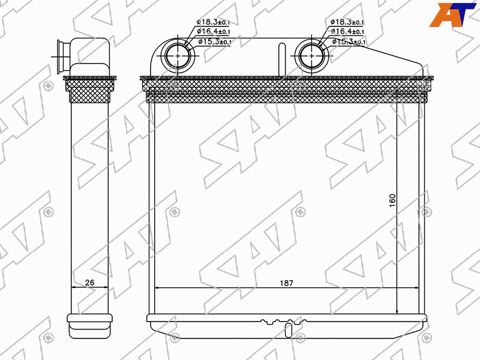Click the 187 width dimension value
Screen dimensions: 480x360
click(286, 283)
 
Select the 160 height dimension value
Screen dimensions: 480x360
click(392, 200)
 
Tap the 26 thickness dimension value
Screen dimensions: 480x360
click(89, 282)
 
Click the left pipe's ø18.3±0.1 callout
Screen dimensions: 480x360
click(213, 22)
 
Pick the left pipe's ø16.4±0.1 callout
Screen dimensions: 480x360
click(214, 31)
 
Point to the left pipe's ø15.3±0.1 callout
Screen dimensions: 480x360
click(215, 41)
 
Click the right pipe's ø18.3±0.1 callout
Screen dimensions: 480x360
click(347, 22)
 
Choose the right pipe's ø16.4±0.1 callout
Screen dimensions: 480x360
click(347, 31)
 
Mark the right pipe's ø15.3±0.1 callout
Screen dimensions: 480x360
click(349, 41)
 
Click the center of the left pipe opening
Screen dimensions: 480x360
click(178, 56)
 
